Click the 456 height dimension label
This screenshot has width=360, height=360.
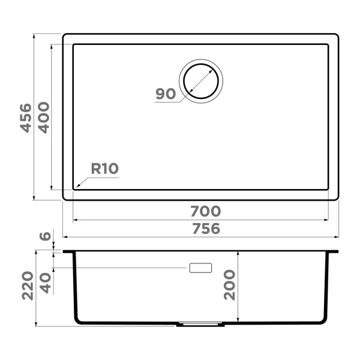[x=25, y=117]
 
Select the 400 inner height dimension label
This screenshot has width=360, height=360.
[x=43, y=117]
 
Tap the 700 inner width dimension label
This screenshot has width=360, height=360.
[x=206, y=211]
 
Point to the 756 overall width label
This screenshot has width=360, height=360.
[x=205, y=229]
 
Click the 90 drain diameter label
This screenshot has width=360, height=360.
[x=165, y=94]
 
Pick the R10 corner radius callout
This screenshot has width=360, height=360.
[x=104, y=169]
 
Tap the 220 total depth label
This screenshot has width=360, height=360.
[x=25, y=286]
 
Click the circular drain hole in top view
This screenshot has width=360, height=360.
[x=200, y=80]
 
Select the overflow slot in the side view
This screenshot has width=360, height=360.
[x=200, y=268]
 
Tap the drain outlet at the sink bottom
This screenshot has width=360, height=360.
[x=200, y=325]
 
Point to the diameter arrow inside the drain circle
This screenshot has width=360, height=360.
[x=200, y=80]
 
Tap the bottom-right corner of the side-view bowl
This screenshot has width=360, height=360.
[x=326, y=322]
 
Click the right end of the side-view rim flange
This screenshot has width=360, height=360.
[x=338, y=251]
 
